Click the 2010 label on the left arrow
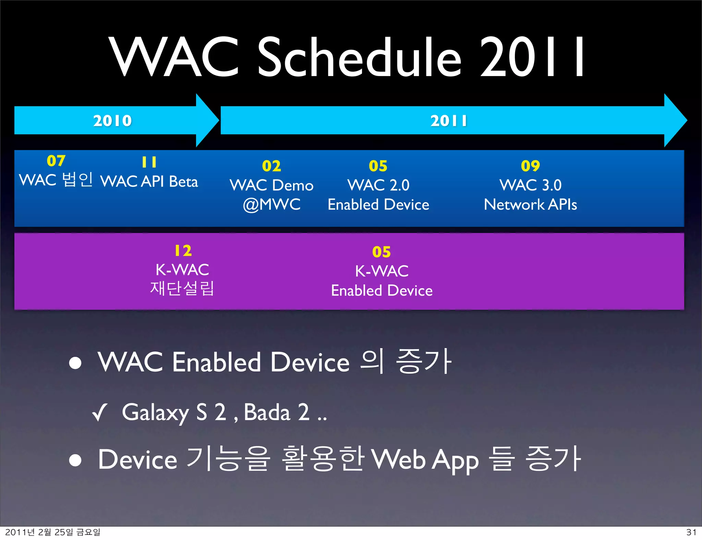tap(112, 121)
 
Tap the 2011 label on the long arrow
tap(448, 121)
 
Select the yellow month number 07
tap(56, 161)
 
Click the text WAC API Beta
tap(149, 182)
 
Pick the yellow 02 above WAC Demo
tap(271, 166)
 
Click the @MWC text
tap(271, 205)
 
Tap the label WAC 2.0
tap(378, 185)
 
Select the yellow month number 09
tap(530, 166)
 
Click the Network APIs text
tap(530, 205)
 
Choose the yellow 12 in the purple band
tap(183, 250)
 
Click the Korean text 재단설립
tap(182, 288)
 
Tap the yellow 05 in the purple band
tap(381, 252)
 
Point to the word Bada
tap(267, 412)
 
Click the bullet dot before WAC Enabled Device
tap(75, 363)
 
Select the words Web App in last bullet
tap(425, 460)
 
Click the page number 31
tap(691, 532)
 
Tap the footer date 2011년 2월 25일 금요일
tap(53, 532)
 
